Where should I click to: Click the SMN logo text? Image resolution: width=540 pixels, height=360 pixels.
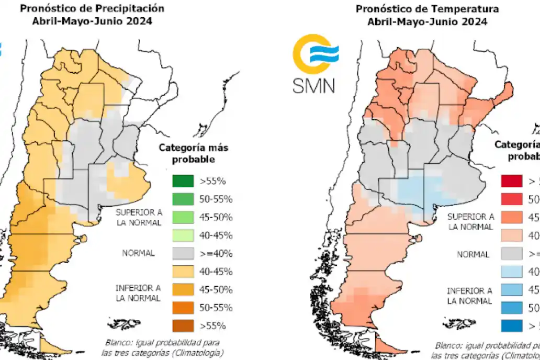point(314,85)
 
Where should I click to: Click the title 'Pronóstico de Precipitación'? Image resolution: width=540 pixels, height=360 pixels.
point(92,9)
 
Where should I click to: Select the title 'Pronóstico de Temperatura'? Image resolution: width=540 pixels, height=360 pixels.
point(427,9)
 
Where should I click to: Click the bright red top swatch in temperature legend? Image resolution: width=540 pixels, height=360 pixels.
point(512,182)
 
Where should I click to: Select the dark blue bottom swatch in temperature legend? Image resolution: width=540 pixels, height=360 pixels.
point(512,325)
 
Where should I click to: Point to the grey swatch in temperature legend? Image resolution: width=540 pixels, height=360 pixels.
point(512,253)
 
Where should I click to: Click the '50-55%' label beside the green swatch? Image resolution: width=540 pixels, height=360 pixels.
point(215,199)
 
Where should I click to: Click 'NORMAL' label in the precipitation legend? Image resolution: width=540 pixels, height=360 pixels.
point(138,253)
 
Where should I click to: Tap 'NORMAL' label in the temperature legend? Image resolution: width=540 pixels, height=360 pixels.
point(473,254)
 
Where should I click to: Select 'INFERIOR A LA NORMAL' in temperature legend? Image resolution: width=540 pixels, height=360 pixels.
point(469,296)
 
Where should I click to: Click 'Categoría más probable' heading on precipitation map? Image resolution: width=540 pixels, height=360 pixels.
point(193,153)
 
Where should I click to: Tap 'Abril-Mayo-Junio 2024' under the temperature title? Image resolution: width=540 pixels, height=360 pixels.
point(427,21)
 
